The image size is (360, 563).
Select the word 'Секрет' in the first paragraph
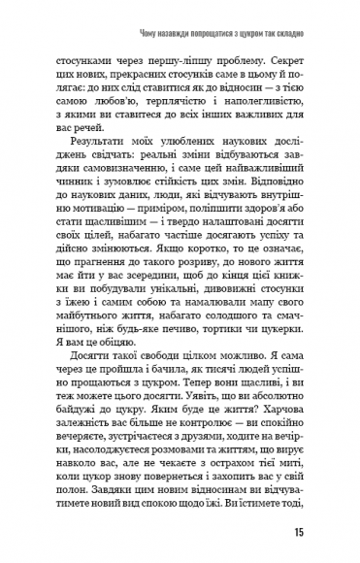click(x=283, y=57)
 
